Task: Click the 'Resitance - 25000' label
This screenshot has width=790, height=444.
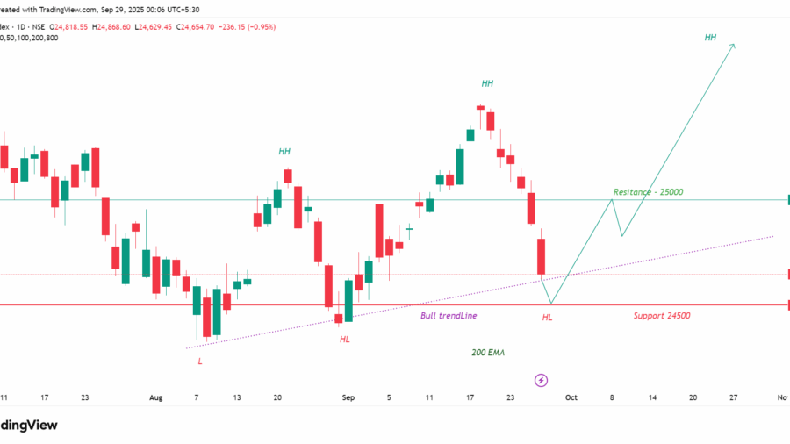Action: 648,191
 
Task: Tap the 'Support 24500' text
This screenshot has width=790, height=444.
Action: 661,315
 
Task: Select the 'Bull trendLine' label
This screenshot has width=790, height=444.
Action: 449,315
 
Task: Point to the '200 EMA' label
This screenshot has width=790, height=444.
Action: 488,352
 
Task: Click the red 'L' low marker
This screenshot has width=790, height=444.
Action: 199,361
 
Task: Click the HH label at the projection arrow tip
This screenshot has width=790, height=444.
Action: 710,38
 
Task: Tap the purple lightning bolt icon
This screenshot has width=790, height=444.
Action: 541,380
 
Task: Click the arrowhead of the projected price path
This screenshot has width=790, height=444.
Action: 733,45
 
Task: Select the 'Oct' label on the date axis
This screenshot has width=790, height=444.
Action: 571,397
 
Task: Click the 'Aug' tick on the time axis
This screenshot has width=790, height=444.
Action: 156,397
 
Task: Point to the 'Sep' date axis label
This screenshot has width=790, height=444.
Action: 348,397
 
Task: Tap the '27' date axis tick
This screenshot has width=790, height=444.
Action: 733,397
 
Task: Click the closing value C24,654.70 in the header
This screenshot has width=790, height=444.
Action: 203,26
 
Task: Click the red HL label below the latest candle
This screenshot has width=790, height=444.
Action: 548,317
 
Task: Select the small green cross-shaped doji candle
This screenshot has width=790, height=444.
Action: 409,231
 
